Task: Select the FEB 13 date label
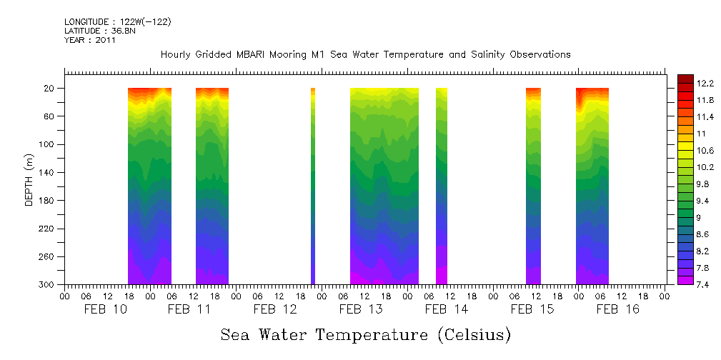[x=361, y=309]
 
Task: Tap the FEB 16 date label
[x=617, y=309]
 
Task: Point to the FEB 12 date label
[x=275, y=309]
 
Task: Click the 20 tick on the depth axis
[x=51, y=89]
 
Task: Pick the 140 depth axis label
[x=49, y=173]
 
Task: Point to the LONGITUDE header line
[x=117, y=22]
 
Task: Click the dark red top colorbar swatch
[x=685, y=79]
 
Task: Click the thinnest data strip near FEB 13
[x=313, y=186]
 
